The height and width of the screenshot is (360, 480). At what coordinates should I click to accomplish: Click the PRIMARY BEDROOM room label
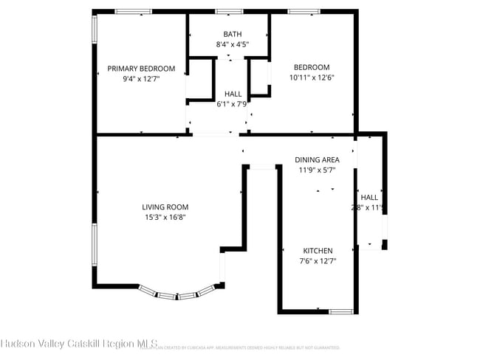(x=141, y=69)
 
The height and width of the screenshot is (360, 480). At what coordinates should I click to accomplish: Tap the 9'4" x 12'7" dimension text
(x=141, y=78)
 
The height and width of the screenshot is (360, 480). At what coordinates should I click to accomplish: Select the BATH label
(x=233, y=35)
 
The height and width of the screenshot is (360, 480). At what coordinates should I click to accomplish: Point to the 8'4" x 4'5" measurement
(x=233, y=44)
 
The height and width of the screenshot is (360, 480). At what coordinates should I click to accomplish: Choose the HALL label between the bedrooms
(x=233, y=94)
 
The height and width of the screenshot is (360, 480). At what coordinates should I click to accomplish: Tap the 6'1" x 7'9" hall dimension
(x=233, y=104)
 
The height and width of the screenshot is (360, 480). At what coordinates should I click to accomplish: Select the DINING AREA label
(x=317, y=159)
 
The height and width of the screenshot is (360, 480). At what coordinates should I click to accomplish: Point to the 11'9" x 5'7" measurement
(x=317, y=170)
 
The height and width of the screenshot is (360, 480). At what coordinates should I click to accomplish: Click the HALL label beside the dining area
(x=369, y=197)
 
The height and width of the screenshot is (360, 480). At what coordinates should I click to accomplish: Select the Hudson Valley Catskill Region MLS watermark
(x=79, y=343)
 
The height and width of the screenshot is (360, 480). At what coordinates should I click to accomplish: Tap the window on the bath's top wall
(x=229, y=11)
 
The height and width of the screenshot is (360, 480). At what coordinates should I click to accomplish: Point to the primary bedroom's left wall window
(x=94, y=30)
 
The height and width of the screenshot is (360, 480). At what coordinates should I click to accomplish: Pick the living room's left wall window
(x=94, y=247)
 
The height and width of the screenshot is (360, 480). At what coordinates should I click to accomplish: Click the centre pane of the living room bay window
(x=178, y=297)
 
